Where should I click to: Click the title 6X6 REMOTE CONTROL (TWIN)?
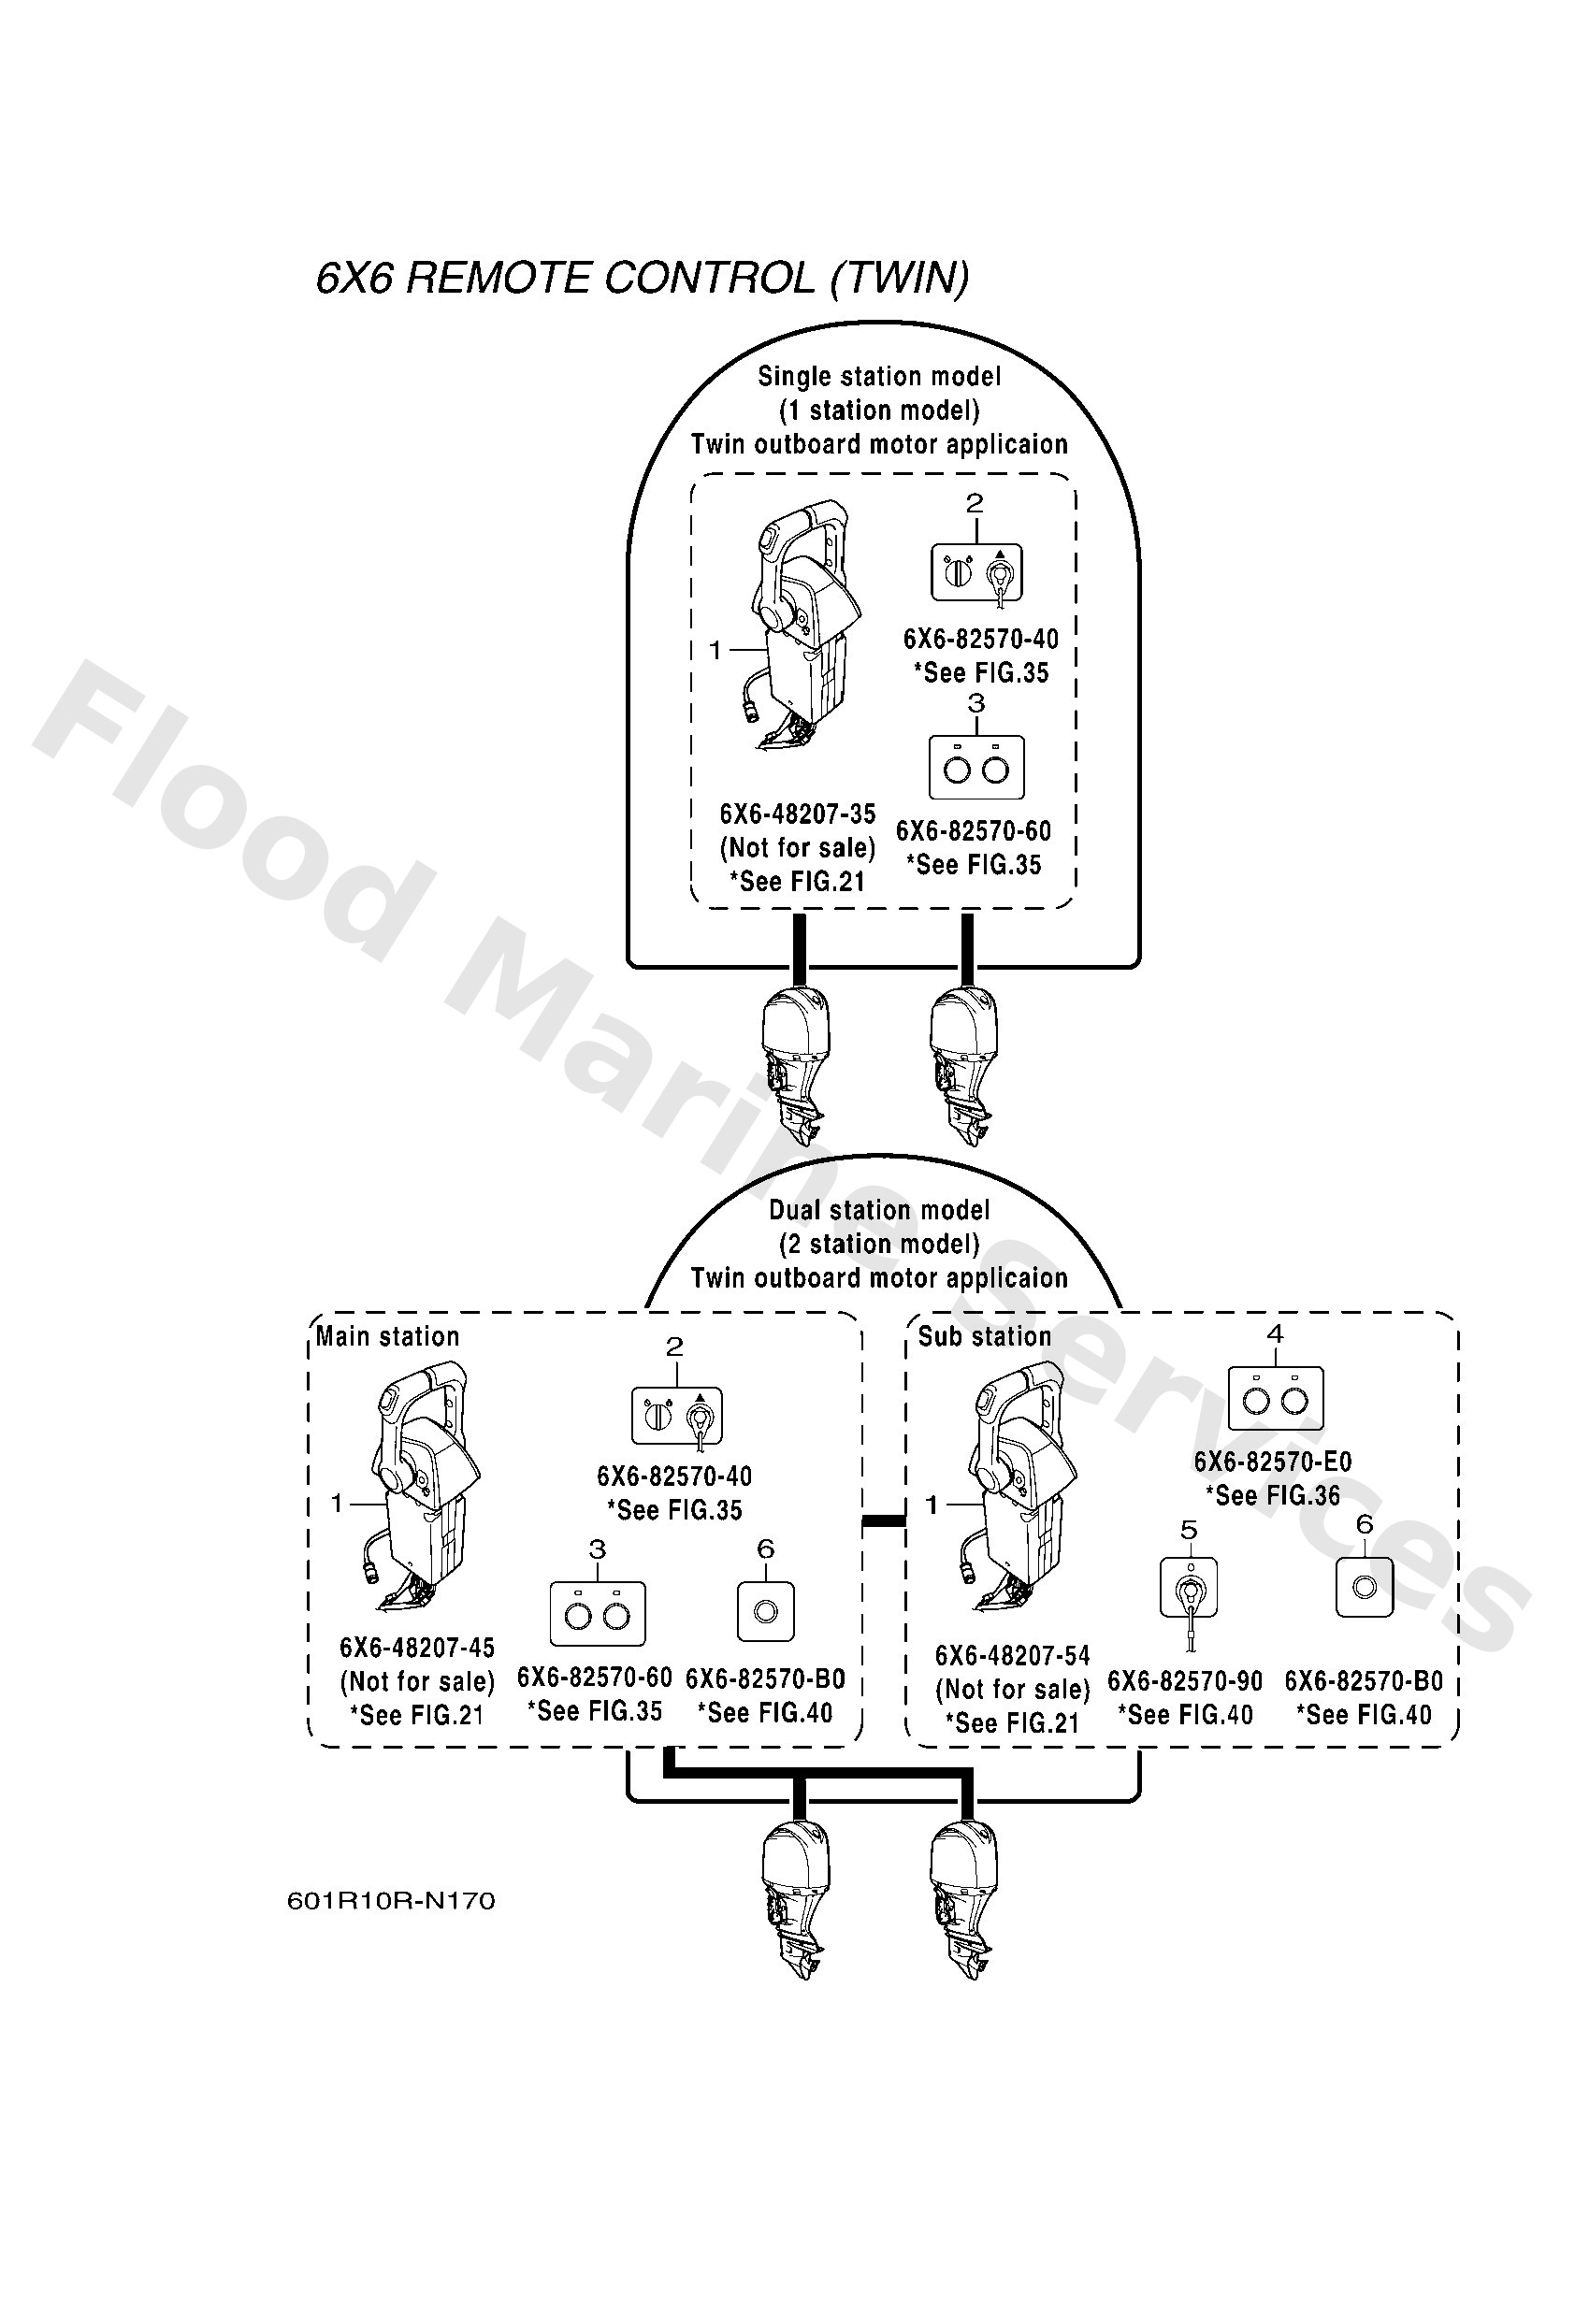pyautogui.click(x=643, y=278)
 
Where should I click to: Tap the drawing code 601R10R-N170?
pyautogui.click(x=391, y=1900)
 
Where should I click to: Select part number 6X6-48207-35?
pyautogui.click(x=798, y=814)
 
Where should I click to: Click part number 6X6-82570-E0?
pyautogui.click(x=1273, y=1462)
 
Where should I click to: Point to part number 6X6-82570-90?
pyautogui.click(x=1185, y=1681)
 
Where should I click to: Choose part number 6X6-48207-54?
pyautogui.click(x=1012, y=1655)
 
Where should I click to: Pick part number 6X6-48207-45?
pyautogui.click(x=417, y=1648)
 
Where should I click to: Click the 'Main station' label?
pyautogui.click(x=387, y=1336)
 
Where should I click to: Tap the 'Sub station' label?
pyautogui.click(x=984, y=1336)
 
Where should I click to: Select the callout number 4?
pyautogui.click(x=1275, y=1333)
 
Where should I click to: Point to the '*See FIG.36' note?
pyautogui.click(x=1273, y=1496)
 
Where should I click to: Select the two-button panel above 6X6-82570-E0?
pyautogui.click(x=1275, y=1398)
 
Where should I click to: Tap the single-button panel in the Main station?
pyautogui.click(x=766, y=1611)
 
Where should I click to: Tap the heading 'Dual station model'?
pyautogui.click(x=878, y=1210)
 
